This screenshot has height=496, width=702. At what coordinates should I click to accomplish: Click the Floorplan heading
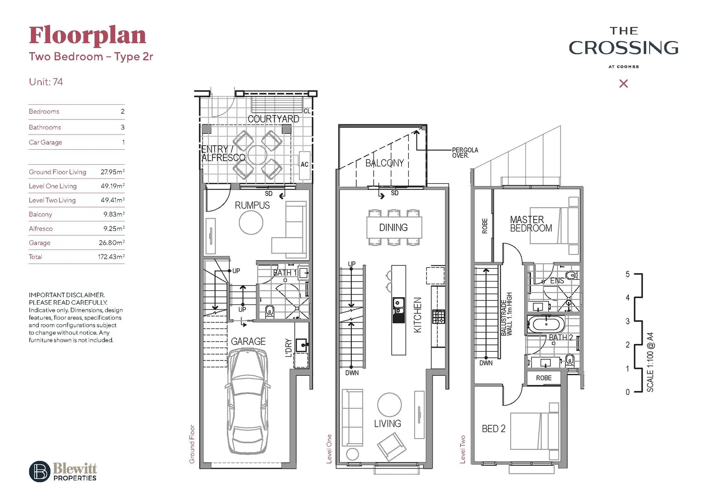87,36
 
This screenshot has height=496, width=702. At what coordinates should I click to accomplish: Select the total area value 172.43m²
111,257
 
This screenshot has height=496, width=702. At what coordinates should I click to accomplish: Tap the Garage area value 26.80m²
111,242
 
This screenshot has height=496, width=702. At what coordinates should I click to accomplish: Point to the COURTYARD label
273,119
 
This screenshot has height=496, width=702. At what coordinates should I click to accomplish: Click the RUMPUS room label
252,205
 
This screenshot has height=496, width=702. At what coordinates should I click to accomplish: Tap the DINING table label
394,227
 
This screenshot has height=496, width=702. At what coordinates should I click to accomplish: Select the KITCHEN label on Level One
417,315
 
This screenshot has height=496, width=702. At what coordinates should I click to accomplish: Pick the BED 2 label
493,428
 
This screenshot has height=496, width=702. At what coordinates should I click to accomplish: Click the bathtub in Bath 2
546,324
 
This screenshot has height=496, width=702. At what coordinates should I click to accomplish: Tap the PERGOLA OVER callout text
465,153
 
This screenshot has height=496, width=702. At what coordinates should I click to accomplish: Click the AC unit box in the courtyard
304,164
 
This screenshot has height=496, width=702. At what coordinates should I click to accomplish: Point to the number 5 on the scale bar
628,274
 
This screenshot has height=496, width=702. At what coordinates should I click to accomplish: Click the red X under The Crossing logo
623,84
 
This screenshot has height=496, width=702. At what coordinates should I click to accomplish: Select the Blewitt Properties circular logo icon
40,471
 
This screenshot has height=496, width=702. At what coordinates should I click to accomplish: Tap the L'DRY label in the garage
289,348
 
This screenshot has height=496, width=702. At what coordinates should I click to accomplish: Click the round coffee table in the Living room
389,405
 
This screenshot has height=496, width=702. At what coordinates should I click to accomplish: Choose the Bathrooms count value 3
122,127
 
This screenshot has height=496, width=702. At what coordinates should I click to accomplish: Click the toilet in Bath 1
269,311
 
